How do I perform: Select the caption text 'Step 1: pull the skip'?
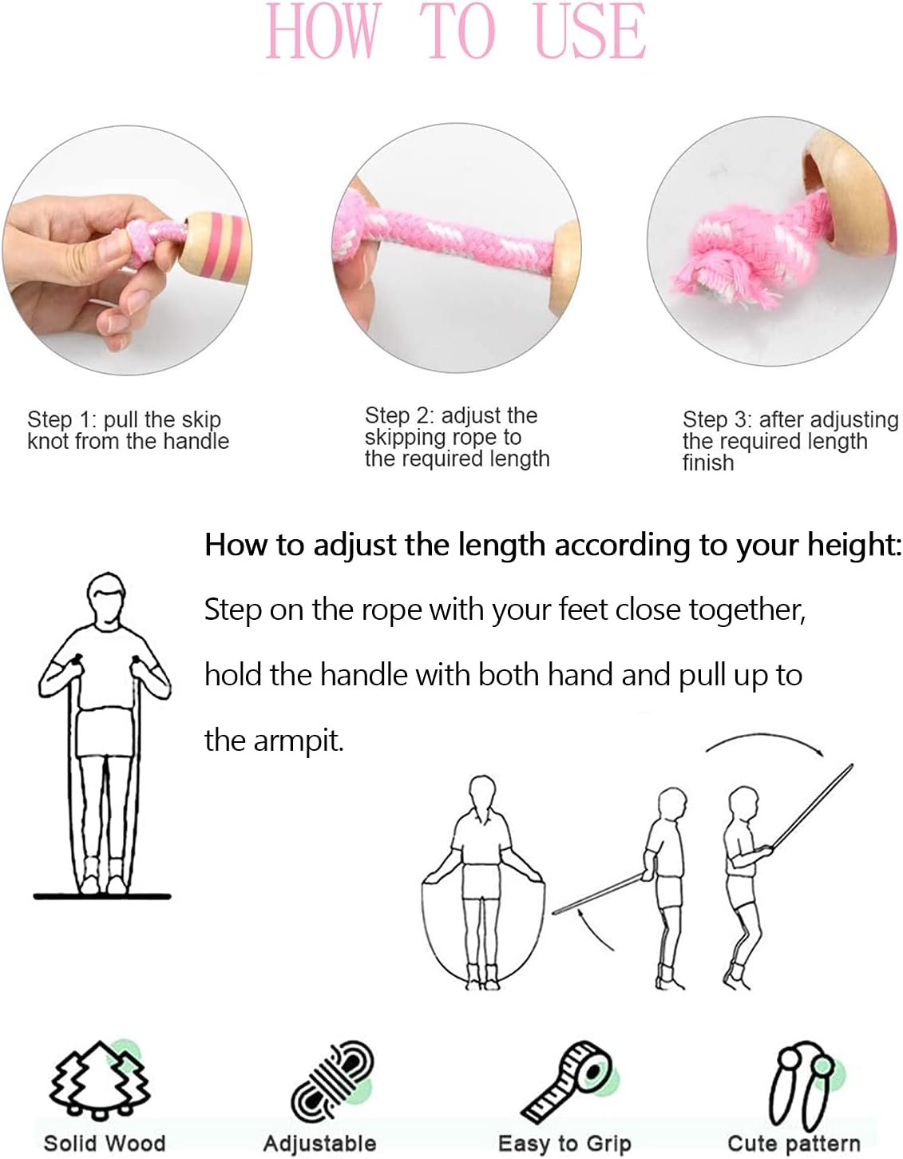pyautogui.click(x=124, y=419)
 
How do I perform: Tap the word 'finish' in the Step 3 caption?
pyautogui.click(x=707, y=462)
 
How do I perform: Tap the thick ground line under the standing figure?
pyautogui.click(x=102, y=896)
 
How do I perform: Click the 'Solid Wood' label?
pyautogui.click(x=104, y=1142)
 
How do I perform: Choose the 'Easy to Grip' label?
pyautogui.click(x=564, y=1143)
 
